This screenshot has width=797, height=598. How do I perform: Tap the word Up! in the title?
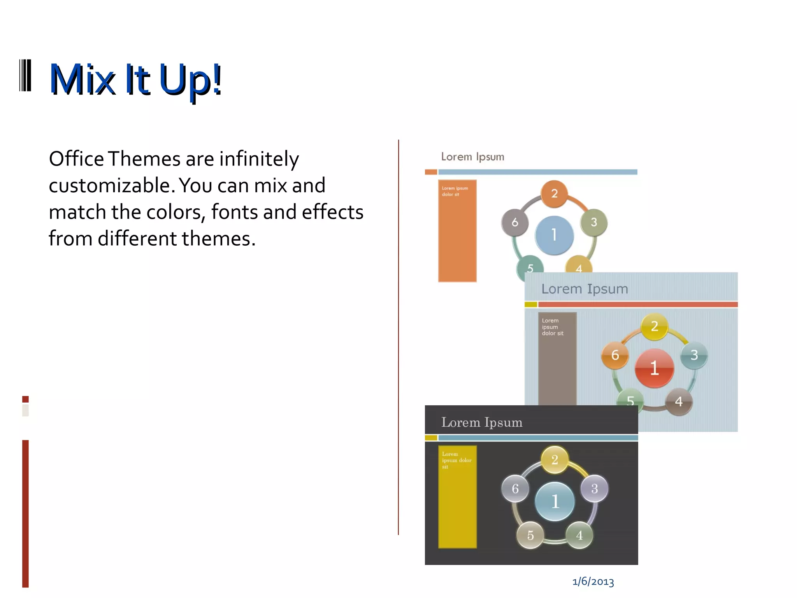click(190, 80)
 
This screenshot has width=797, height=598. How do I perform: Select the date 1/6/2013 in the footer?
click(593, 582)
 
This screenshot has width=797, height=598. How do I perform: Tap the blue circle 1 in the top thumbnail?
click(554, 235)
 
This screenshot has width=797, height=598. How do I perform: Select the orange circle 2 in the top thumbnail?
click(554, 193)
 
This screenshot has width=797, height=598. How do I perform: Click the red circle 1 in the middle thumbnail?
click(654, 368)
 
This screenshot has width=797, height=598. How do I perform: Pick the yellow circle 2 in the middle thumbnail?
click(654, 326)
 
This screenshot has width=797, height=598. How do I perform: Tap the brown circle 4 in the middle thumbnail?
click(679, 401)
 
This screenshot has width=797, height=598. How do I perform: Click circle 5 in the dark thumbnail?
click(530, 535)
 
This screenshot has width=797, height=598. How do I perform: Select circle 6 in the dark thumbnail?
click(515, 489)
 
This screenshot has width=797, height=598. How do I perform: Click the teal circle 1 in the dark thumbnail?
click(555, 501)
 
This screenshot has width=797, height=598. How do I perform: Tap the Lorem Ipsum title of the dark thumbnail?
click(482, 422)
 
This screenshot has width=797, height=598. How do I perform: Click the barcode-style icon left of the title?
click(25, 76)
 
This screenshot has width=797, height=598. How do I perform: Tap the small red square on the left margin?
click(25, 399)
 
